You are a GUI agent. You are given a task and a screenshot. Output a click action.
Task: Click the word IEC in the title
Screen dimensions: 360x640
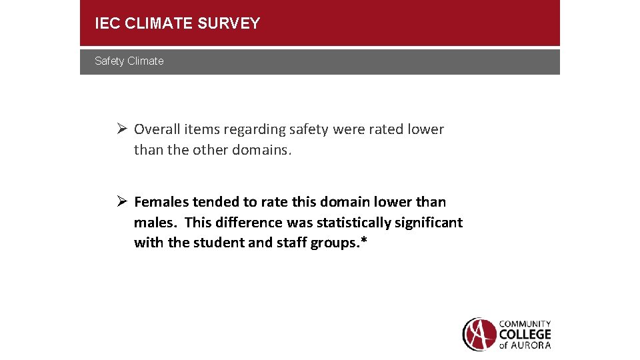[107, 24]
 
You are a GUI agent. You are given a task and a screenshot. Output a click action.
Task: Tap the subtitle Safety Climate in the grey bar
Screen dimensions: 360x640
[129, 61]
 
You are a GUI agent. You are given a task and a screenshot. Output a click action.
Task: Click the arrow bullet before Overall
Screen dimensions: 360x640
[121, 129]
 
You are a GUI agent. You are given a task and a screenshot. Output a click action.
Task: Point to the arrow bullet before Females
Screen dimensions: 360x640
[121, 201]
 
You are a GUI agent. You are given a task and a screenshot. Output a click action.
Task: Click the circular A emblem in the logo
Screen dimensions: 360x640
[479, 334]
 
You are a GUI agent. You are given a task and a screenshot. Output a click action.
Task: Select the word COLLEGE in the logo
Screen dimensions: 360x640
[525, 334]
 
